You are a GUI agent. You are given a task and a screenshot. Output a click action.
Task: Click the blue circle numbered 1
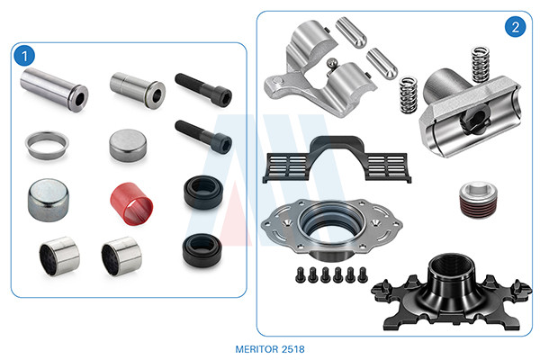point(24,56)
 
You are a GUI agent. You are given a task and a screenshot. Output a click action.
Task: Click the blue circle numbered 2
point(515,27)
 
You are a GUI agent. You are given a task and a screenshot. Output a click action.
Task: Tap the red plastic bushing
point(131,203)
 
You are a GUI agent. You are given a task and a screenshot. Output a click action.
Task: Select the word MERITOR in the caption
point(256,349)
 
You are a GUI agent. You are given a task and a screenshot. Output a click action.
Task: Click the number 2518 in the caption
point(293,349)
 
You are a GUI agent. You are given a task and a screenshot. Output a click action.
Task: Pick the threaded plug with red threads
point(479,200)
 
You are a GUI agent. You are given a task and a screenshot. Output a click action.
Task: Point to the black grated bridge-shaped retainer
point(337,159)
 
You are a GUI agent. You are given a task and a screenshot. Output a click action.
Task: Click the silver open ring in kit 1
point(47,145)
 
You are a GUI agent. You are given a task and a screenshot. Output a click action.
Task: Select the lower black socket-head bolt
point(203,138)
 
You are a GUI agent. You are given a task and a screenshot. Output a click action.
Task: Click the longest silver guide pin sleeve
point(54,90)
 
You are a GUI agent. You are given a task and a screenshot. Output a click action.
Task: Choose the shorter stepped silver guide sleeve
point(138,90)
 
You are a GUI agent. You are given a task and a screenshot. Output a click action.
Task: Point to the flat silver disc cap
point(128,146)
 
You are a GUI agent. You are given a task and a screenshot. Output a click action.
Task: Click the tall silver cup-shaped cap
point(49,200)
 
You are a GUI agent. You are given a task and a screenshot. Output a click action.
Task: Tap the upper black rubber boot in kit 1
point(203,193)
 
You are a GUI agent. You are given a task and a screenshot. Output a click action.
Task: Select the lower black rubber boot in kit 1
point(202,250)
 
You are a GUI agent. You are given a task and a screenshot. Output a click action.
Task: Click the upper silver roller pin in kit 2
point(351,32)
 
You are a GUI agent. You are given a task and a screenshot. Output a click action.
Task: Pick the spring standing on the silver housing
point(481,65)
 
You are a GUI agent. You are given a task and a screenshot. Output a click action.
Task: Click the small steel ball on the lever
point(332,63)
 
